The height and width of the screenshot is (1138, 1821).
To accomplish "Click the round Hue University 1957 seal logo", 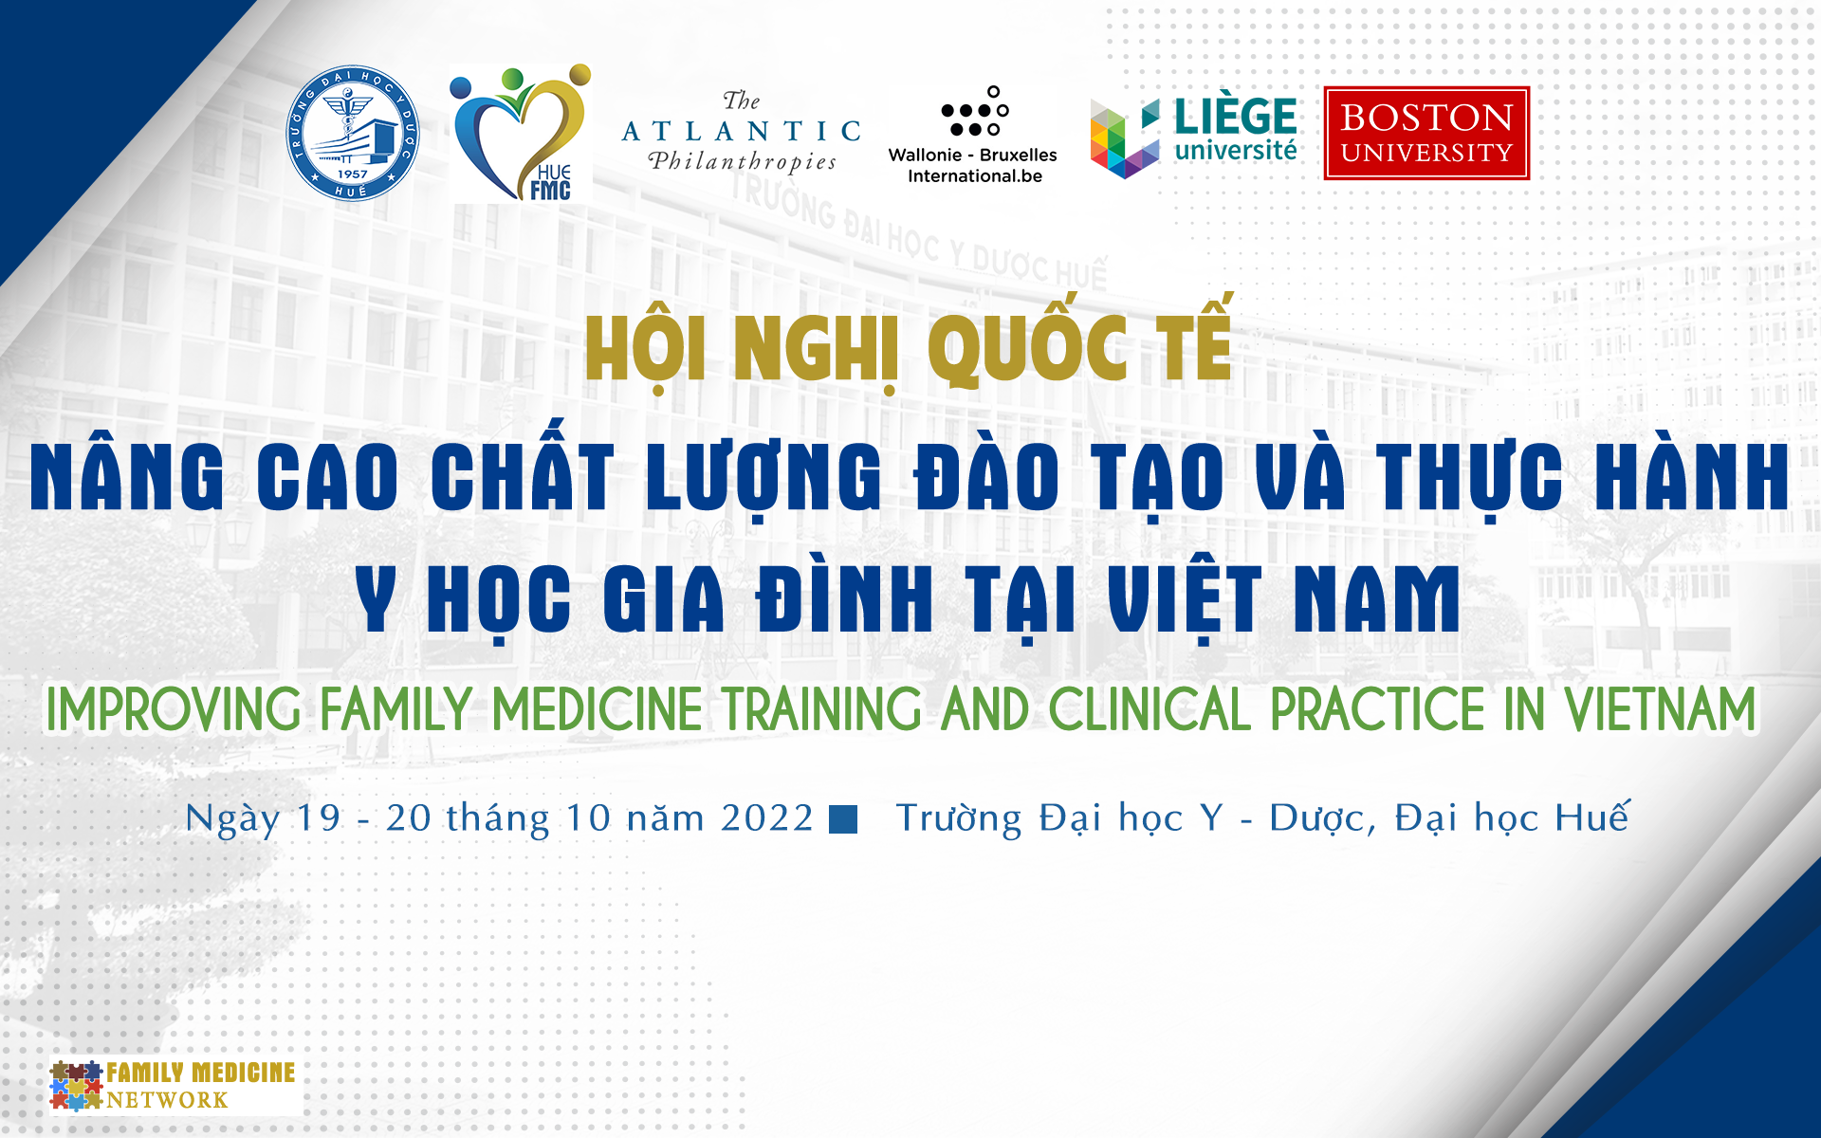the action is (x=353, y=133).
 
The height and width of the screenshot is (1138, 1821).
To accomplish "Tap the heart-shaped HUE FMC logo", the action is (x=521, y=133).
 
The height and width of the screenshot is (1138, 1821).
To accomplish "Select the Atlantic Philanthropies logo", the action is (x=742, y=133).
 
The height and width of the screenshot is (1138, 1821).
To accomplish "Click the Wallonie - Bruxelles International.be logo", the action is (x=973, y=135).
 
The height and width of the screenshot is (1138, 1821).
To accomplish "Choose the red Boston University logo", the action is (x=1426, y=133).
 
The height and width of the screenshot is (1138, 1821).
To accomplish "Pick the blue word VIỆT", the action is (x=1186, y=597).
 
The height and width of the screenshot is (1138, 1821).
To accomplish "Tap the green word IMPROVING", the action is (x=174, y=709).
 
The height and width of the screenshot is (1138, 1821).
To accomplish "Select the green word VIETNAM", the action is (x=1660, y=709).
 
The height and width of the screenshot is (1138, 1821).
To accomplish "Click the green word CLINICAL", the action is (x=1150, y=709).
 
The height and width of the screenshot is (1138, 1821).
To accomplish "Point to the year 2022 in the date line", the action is (x=766, y=817).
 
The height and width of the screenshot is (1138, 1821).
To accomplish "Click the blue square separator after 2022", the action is (x=843, y=819).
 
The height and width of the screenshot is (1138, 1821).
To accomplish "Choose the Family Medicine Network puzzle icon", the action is (x=76, y=1085).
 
